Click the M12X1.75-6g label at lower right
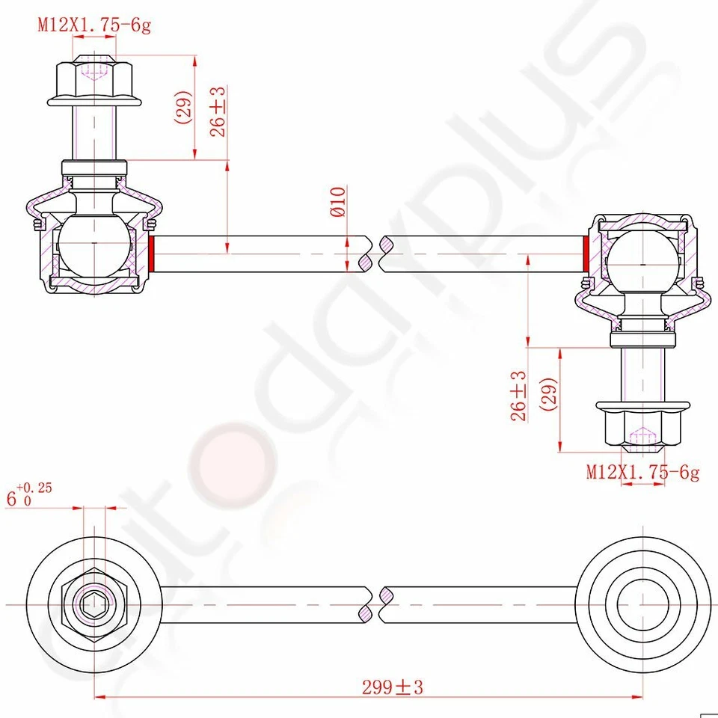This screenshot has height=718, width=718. click(x=642, y=472)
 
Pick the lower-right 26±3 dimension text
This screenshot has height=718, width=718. click(x=518, y=396)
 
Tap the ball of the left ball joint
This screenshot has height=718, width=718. click(x=93, y=244)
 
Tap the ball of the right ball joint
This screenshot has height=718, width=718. click(x=642, y=263)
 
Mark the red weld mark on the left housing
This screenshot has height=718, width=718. click(x=152, y=254)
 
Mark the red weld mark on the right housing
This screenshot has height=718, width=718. click(x=585, y=254)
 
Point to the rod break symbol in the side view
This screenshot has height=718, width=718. click(x=376, y=254)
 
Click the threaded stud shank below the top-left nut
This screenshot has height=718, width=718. click(x=94, y=131)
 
